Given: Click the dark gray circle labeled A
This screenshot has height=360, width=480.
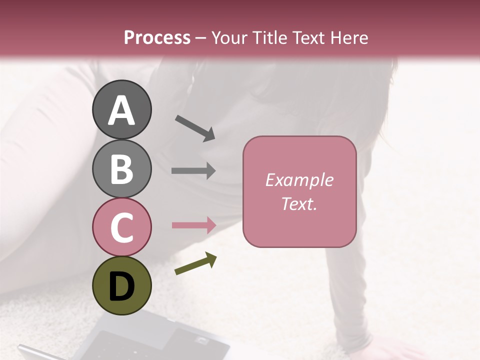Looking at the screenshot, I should pyautogui.click(x=122, y=110).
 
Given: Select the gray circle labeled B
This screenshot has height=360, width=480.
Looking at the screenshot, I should pyautogui.click(x=122, y=168).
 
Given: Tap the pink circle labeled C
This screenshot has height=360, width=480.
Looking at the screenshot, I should pyautogui.click(x=122, y=227).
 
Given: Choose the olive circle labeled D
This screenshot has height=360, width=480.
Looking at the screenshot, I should pyautogui.click(x=122, y=285).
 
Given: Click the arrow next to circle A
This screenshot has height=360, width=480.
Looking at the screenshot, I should pyautogui.click(x=195, y=127).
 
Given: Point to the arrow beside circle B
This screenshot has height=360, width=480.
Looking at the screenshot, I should pyautogui.click(x=193, y=170).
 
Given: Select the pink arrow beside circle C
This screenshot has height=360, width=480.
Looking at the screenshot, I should pyautogui.click(x=193, y=225).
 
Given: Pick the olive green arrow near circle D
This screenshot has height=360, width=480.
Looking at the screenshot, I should pyautogui.click(x=195, y=264).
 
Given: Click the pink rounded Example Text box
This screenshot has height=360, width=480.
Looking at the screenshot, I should pyautogui.click(x=299, y=191).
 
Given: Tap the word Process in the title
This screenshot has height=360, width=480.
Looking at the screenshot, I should pyautogui.click(x=157, y=37).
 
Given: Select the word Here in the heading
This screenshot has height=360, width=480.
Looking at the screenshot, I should pyautogui.click(x=348, y=37).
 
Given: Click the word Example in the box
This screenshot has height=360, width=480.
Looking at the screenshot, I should pyautogui.click(x=299, y=180).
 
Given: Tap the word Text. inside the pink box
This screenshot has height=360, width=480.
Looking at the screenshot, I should pyautogui.click(x=299, y=203).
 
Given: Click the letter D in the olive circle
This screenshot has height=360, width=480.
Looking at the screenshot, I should pyautogui.click(x=122, y=287).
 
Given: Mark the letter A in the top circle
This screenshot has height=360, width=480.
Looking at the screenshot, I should pyautogui.click(x=122, y=111).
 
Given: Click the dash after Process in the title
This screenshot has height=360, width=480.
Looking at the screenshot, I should pyautogui.click(x=201, y=38).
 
